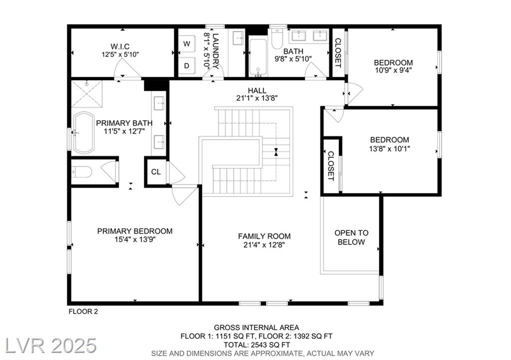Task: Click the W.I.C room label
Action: pyautogui.click(x=120, y=46)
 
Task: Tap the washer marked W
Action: pyautogui.click(x=187, y=43)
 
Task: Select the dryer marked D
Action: pyautogui.click(x=187, y=66)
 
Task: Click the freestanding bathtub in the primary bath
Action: pyautogui.click(x=83, y=133)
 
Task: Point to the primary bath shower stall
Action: pyautogui.click(x=87, y=94)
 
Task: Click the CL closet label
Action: pyautogui.click(x=156, y=172)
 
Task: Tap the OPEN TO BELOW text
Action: pyautogui.click(x=351, y=237)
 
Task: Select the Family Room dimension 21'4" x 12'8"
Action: pyautogui.click(x=264, y=245)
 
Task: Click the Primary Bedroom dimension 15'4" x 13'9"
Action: pyautogui.click(x=135, y=239)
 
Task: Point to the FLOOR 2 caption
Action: pyautogui.click(x=83, y=312)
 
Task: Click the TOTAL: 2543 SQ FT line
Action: pyautogui.click(x=256, y=345)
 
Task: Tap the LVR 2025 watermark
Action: pyautogui.click(x=51, y=346)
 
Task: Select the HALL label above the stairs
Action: pyautogui.click(x=257, y=90)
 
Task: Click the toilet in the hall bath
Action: pyautogui.click(x=277, y=39)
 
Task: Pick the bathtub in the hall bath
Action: pyautogui.click(x=258, y=58)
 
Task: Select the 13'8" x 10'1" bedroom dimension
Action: pyautogui.click(x=389, y=149)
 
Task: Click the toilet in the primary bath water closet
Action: pyautogui.click(x=81, y=172)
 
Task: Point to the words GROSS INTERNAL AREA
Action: pyautogui.click(x=256, y=328)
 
